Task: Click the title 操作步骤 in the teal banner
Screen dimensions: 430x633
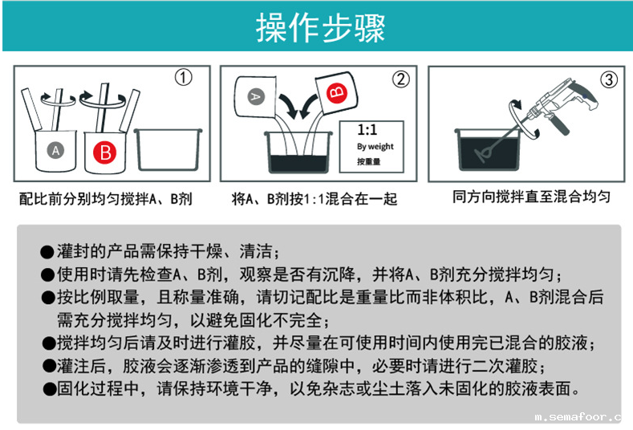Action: (x=320, y=26)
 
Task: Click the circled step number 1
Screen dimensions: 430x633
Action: (x=185, y=78)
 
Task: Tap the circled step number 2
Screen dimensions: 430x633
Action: (x=400, y=79)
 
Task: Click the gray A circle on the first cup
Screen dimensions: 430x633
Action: (x=55, y=150)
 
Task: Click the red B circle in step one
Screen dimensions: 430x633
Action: (x=105, y=151)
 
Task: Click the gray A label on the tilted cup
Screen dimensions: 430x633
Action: (x=255, y=95)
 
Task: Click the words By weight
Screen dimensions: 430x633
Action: (x=375, y=147)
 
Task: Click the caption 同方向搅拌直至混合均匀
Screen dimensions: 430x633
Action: (x=531, y=197)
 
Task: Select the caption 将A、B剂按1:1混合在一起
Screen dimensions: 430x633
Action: (x=314, y=198)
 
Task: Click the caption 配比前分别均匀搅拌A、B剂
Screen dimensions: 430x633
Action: (x=105, y=198)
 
